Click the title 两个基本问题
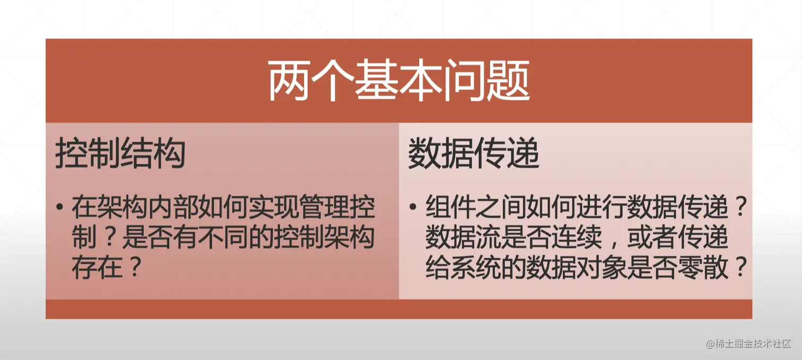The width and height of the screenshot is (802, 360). pos(399,81)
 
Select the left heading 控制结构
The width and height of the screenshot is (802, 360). pos(120,153)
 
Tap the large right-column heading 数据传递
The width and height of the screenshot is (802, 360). pos(473,153)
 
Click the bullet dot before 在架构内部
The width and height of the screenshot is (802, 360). pos(60,207)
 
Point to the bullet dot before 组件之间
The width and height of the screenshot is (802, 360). pos(413,207)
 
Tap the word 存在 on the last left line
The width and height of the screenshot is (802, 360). pos(97,267)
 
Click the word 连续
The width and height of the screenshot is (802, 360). pos(577,237)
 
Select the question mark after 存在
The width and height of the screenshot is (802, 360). pos(135,266)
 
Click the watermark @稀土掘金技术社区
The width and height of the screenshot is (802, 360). pos(748,344)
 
